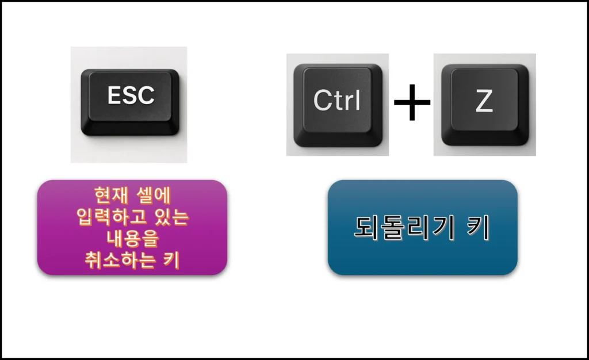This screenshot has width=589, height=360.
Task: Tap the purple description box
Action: point(132,227)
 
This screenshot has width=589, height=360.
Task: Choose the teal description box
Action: point(422,227)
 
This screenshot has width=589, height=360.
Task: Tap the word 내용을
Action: point(132,239)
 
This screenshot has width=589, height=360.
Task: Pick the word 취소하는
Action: point(120,261)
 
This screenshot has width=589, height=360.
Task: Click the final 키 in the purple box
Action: point(171,261)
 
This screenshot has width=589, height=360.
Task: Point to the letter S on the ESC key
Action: point(131,95)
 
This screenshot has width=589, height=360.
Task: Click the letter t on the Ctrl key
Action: point(337,101)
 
